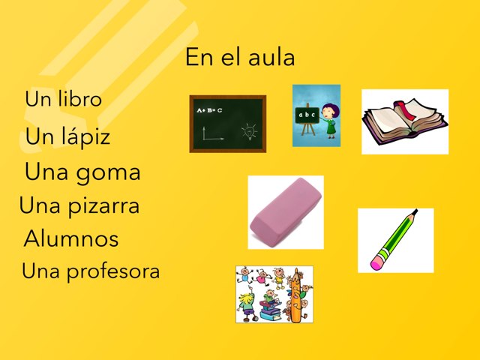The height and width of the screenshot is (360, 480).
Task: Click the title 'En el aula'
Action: click(x=240, y=58)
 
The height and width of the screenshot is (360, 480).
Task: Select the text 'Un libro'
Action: click(x=63, y=99)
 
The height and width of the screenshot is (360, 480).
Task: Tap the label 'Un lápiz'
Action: click(x=67, y=136)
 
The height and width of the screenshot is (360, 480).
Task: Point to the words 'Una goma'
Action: click(x=82, y=172)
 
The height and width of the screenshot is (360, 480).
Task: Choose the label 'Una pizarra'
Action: click(x=79, y=205)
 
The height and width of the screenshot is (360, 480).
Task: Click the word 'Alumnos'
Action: click(x=71, y=239)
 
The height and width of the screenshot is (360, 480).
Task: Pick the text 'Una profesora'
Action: click(x=91, y=271)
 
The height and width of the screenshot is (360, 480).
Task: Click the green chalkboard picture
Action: click(x=228, y=124)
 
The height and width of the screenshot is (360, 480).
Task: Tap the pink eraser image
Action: click(x=286, y=211)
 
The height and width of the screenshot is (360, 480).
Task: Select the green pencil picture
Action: click(x=395, y=240)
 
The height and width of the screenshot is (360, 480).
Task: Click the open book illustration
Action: click(x=405, y=121)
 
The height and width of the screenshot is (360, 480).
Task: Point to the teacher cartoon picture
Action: click(x=316, y=115)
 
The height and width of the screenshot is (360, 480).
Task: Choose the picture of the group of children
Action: click(x=274, y=294)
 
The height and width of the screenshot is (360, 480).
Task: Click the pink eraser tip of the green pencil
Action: click(x=377, y=263)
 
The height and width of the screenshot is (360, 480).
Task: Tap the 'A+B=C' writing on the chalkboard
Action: click(x=209, y=110)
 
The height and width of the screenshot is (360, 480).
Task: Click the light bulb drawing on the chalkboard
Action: click(x=248, y=132)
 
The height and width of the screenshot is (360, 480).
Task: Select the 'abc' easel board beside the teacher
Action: click(x=306, y=116)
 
